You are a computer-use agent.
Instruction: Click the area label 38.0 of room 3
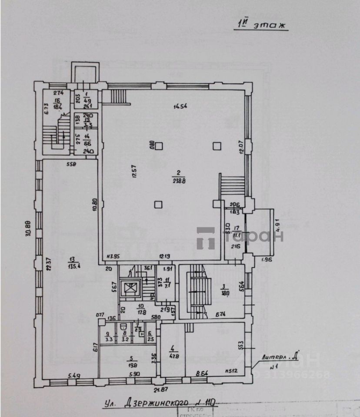pos(225,293)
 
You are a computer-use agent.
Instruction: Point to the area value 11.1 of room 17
pos(237,235)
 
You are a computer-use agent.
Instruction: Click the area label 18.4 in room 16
pos(57,106)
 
